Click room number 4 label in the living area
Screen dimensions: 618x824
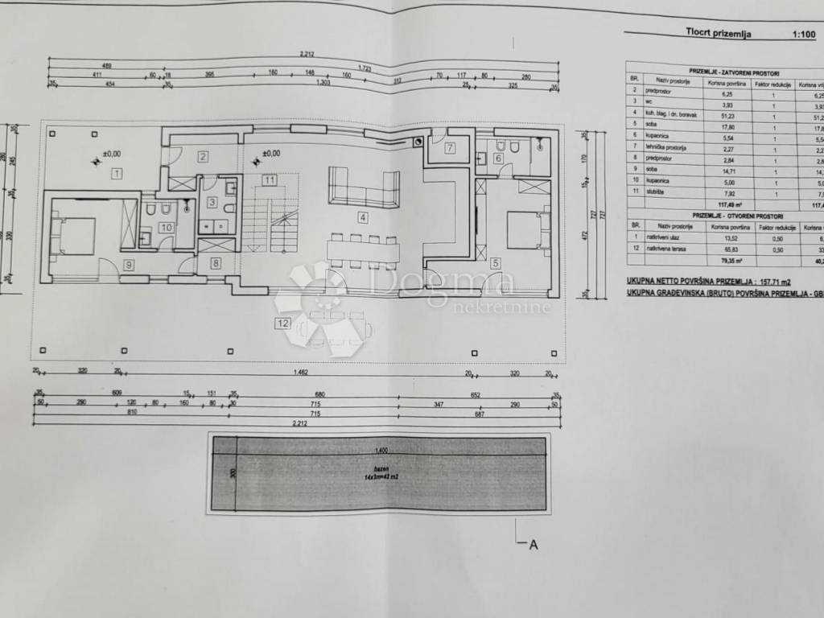(x=363, y=216)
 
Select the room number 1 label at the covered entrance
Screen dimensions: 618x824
(x=117, y=173)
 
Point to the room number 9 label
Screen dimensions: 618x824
(x=128, y=264)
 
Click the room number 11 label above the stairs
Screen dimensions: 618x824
(x=268, y=180)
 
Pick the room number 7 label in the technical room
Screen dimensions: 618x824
(x=450, y=147)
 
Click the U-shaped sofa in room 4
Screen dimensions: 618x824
(x=364, y=190)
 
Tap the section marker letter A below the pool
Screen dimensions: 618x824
(x=532, y=546)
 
